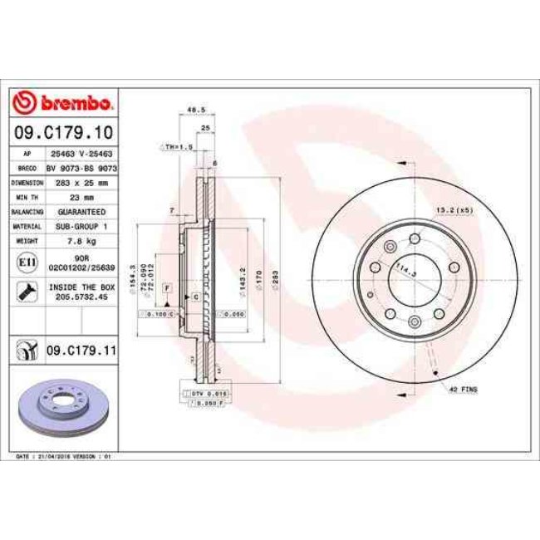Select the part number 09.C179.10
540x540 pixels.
[64, 131]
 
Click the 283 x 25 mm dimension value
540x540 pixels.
[81, 182]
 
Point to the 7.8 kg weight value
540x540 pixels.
[81, 241]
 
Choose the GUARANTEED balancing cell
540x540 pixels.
[81, 212]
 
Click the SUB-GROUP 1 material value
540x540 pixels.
[81, 226]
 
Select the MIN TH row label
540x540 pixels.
[27, 197]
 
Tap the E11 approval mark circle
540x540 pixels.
[27, 263]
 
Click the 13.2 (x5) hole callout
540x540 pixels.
[454, 210]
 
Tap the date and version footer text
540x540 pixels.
[65, 456]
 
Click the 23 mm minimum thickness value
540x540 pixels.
[81, 197]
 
